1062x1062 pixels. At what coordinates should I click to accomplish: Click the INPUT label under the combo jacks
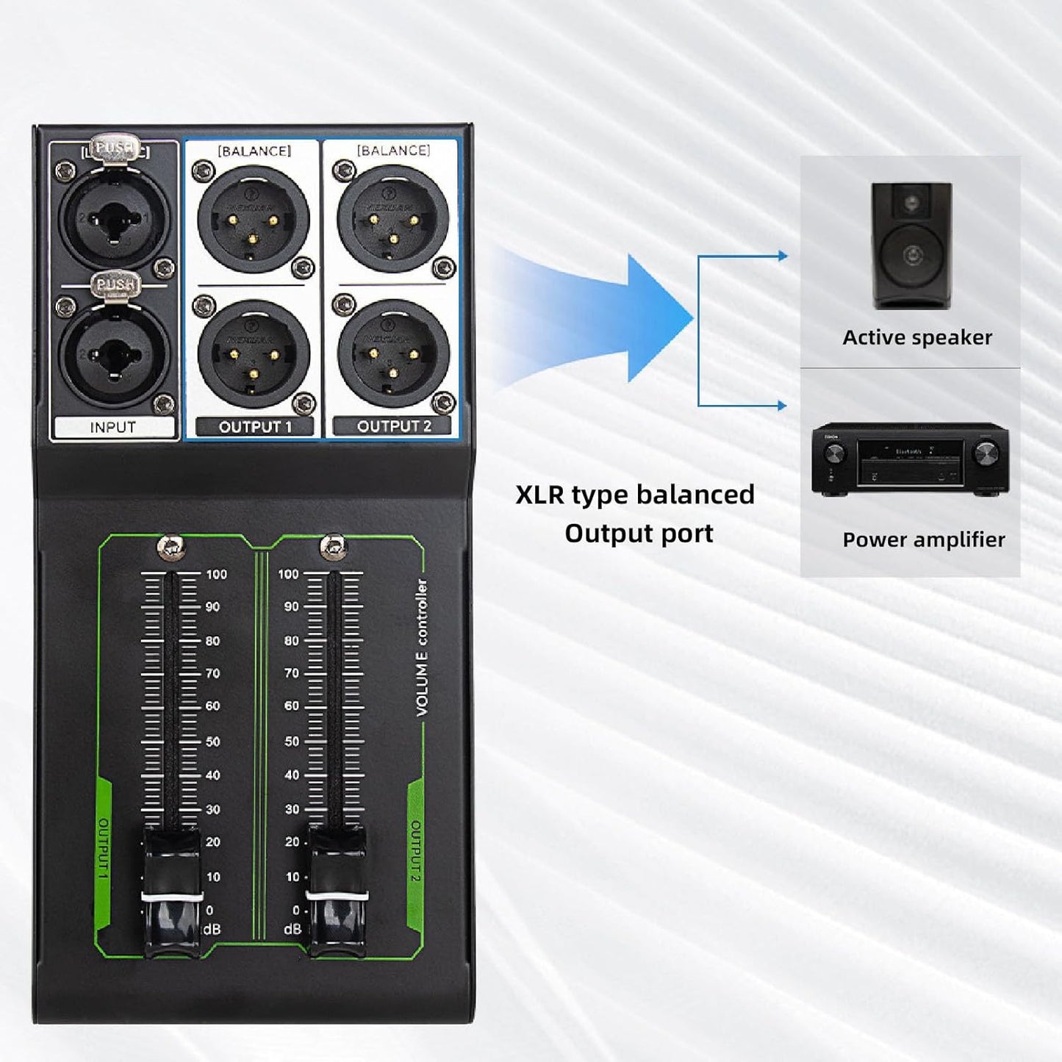click(x=113, y=427)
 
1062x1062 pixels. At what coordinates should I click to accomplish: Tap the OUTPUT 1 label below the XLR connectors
click(x=254, y=426)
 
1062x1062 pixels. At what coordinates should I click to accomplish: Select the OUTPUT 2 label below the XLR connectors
click(x=393, y=426)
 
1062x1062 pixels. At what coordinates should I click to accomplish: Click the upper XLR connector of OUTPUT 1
click(x=254, y=219)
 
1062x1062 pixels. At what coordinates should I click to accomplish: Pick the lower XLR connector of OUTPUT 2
click(x=393, y=354)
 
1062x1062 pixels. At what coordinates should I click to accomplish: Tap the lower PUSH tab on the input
click(x=115, y=284)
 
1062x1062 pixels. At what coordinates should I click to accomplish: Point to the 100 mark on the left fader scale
click(x=216, y=574)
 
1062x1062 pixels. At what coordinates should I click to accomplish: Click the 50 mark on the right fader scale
click(x=292, y=741)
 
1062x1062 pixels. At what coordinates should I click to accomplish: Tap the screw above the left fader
click(x=171, y=546)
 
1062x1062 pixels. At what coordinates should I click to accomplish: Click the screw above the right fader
click(x=334, y=546)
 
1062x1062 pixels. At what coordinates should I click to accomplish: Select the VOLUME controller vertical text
click(x=422, y=647)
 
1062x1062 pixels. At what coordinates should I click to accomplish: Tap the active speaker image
click(x=911, y=246)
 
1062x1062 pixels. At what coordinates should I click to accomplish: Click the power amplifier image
click(x=910, y=459)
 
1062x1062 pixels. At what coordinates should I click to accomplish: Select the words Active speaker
click(x=916, y=337)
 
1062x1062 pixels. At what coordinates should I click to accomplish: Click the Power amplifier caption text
click(x=923, y=539)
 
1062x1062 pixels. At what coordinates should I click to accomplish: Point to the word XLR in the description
click(x=541, y=495)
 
